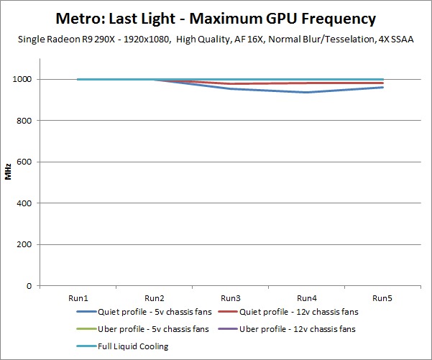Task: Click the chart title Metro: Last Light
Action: (x=216, y=17)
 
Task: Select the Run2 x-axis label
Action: (x=154, y=297)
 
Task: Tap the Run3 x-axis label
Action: (x=230, y=297)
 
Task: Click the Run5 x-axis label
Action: (x=383, y=297)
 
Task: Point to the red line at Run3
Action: (x=230, y=84)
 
